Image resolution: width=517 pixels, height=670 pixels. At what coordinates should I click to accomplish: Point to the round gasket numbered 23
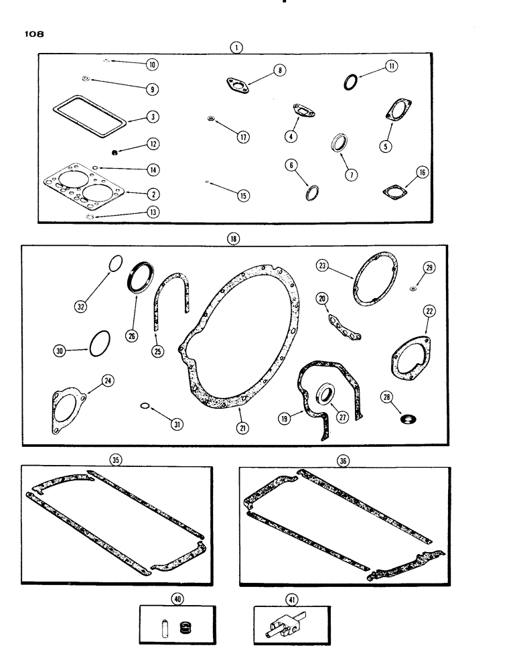(376, 281)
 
